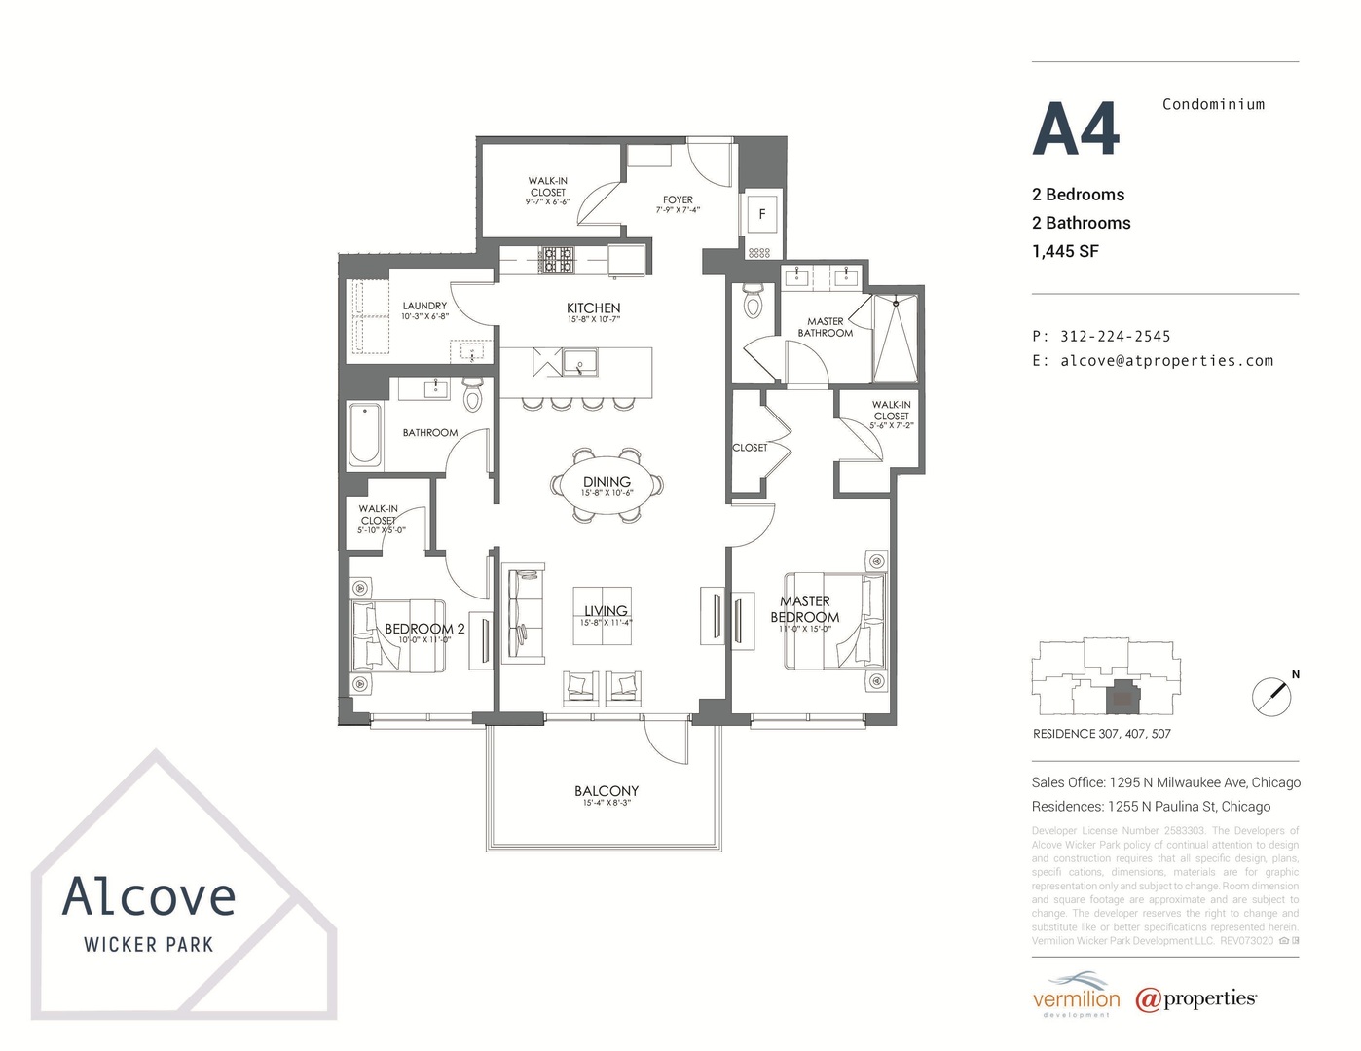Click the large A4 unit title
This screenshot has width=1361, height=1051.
pyautogui.click(x=1076, y=129)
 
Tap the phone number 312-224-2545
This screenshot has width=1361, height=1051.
pyautogui.click(x=1115, y=336)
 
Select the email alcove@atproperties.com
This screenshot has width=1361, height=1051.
pyautogui.click(x=1166, y=360)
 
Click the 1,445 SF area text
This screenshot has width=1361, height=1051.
pyautogui.click(x=1065, y=251)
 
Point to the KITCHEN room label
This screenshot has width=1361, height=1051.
pyautogui.click(x=593, y=308)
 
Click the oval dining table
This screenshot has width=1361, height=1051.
pyautogui.click(x=607, y=486)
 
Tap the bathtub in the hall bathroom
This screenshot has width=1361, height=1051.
pyautogui.click(x=367, y=433)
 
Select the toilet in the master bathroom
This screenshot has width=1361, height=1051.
pyautogui.click(x=753, y=302)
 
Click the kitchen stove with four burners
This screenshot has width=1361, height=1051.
pyautogui.click(x=558, y=259)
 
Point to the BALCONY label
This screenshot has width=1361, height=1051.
pyautogui.click(x=606, y=791)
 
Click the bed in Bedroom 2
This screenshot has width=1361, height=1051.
pyautogui.click(x=399, y=635)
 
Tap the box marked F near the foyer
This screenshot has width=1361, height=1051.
pyautogui.click(x=761, y=214)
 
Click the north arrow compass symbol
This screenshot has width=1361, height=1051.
pyautogui.click(x=1272, y=696)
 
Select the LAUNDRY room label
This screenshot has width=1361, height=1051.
pyautogui.click(x=424, y=306)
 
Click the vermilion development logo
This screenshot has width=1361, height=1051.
pyautogui.click(x=1076, y=997)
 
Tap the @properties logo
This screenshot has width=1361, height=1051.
pyautogui.click(x=1195, y=999)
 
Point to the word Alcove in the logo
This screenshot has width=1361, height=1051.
pyautogui.click(x=149, y=897)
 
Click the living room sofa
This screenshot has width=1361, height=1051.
pyautogui.click(x=523, y=613)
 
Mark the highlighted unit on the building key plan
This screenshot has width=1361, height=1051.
pyautogui.click(x=1123, y=696)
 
